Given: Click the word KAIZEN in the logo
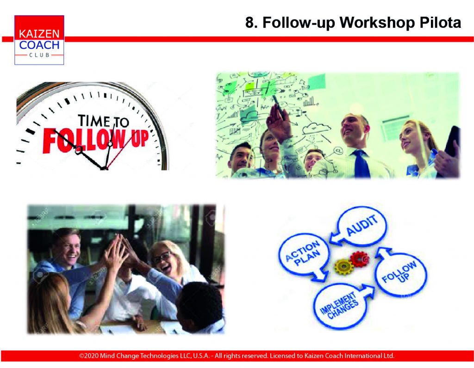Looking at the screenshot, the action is coord(39,33).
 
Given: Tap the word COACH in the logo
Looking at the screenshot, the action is coord(39,45).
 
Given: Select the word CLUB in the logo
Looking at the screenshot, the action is coord(39,55).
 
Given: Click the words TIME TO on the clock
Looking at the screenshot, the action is coord(103,121).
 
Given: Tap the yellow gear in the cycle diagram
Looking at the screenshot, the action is coord(344,266).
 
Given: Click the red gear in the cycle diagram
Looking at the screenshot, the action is coord(360,259).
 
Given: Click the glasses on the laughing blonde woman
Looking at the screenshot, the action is coord(162,258).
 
